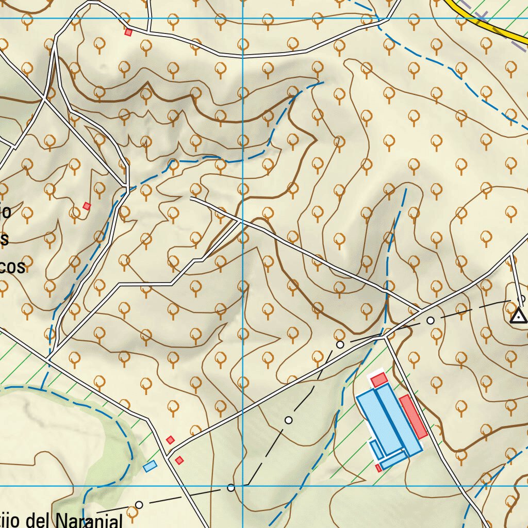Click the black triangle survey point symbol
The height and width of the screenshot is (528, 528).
click(x=518, y=316)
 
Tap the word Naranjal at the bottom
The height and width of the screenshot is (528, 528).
click(x=89, y=521)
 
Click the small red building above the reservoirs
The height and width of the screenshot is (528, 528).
click(x=379, y=380)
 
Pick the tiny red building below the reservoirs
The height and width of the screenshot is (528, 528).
click(x=378, y=468)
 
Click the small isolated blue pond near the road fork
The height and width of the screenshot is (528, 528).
click(x=150, y=466)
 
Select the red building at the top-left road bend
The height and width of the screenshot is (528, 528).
click(x=128, y=32)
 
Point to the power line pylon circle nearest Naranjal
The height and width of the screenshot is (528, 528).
click(x=139, y=505)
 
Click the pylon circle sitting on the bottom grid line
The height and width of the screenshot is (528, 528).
click(x=231, y=487)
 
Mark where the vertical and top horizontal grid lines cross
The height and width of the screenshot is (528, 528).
click(x=243, y=19)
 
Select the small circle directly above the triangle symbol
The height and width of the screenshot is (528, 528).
click(x=521, y=299)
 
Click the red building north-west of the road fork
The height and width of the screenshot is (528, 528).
click(x=170, y=440)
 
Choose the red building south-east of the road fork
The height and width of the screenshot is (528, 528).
click(x=179, y=460)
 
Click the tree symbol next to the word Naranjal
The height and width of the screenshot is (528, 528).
click(x=133, y=513)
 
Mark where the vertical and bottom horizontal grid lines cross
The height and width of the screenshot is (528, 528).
click(x=243, y=486)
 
